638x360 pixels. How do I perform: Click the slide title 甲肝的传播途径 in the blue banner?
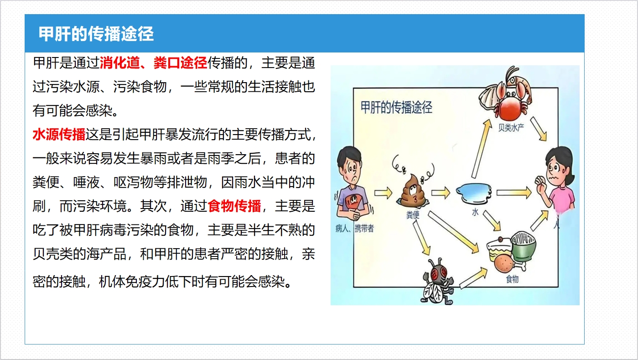tap(96, 34)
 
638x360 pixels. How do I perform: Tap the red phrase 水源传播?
tap(59, 135)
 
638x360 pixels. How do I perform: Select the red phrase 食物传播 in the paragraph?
tap(234, 206)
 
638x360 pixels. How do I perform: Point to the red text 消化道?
tap(120, 63)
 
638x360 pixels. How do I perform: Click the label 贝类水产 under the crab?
tap(511, 127)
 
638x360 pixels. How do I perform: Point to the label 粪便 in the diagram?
tap(413, 215)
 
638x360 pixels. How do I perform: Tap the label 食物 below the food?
tap(512, 279)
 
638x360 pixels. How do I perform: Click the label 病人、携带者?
tap(355, 228)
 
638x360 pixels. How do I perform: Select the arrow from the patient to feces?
tap(383, 193)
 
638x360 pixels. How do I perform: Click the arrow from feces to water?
tap(441, 193)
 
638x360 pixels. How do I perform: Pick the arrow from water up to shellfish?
tap(482, 148)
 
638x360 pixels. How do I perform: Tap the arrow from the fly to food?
tap(473, 277)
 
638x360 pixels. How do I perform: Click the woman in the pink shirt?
tap(557, 183)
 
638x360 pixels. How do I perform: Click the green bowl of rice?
tap(524, 246)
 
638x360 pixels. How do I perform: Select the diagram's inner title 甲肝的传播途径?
tap(396, 108)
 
